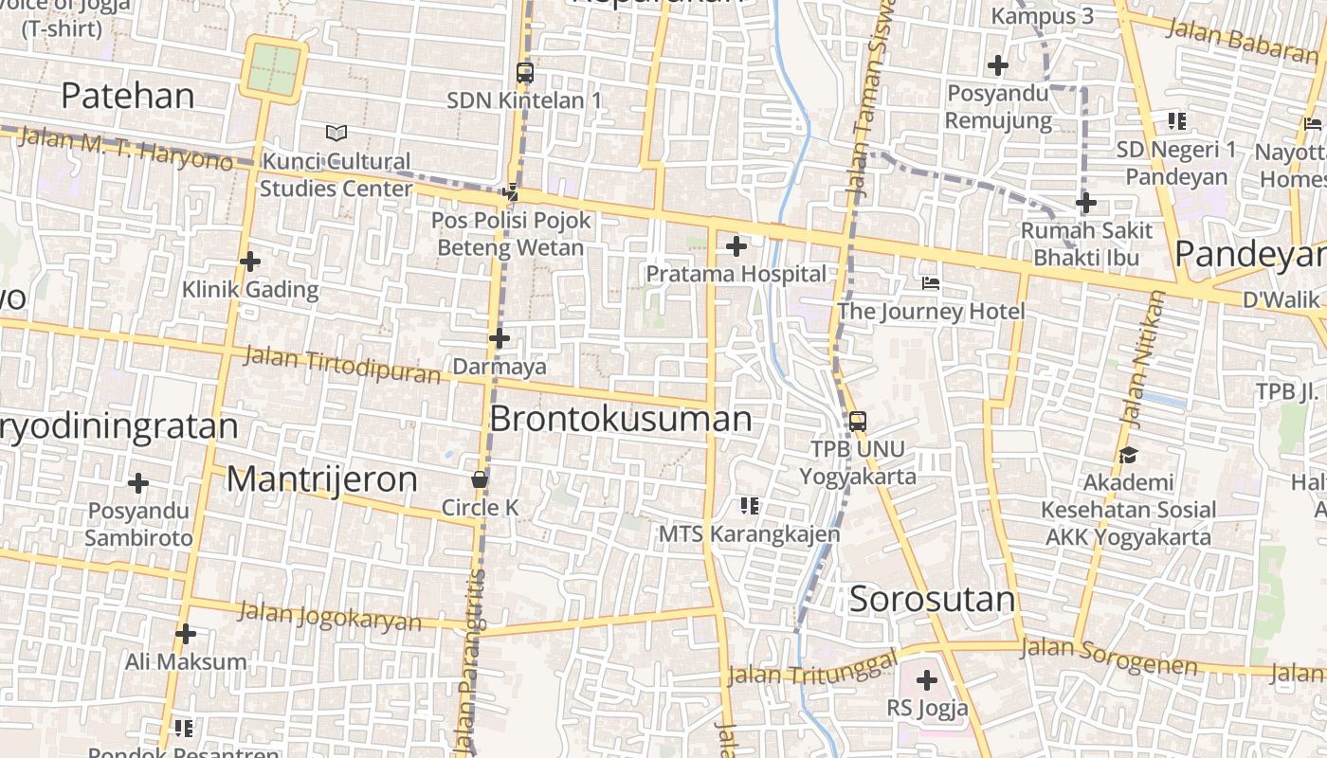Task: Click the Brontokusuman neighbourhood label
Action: pyautogui.click(x=621, y=419)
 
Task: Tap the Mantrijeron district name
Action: pyautogui.click(x=321, y=479)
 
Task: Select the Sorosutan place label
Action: pyautogui.click(x=932, y=599)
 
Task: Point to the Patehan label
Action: pyautogui.click(x=128, y=96)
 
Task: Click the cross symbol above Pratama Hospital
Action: pyautogui.click(x=736, y=247)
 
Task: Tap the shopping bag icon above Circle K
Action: pyautogui.click(x=480, y=478)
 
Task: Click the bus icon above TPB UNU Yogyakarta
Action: pyautogui.click(x=857, y=422)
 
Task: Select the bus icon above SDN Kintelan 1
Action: pyautogui.click(x=524, y=72)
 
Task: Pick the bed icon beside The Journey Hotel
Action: pyautogui.click(x=931, y=283)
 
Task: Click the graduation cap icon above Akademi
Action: pyautogui.click(x=1128, y=456)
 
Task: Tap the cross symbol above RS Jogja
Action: pyautogui.click(x=927, y=679)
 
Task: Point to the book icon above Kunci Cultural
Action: pyautogui.click(x=336, y=133)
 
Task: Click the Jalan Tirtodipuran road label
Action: pyautogui.click(x=342, y=365)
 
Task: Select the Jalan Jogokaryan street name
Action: pyautogui.click(x=329, y=616)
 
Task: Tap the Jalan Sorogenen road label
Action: pyautogui.click(x=1109, y=657)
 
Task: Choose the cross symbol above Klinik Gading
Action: pyautogui.click(x=250, y=261)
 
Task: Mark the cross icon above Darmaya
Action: pyautogui.click(x=500, y=338)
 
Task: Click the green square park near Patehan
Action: pyautogui.click(x=274, y=69)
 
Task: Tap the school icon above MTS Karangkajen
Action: pyautogui.click(x=750, y=506)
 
